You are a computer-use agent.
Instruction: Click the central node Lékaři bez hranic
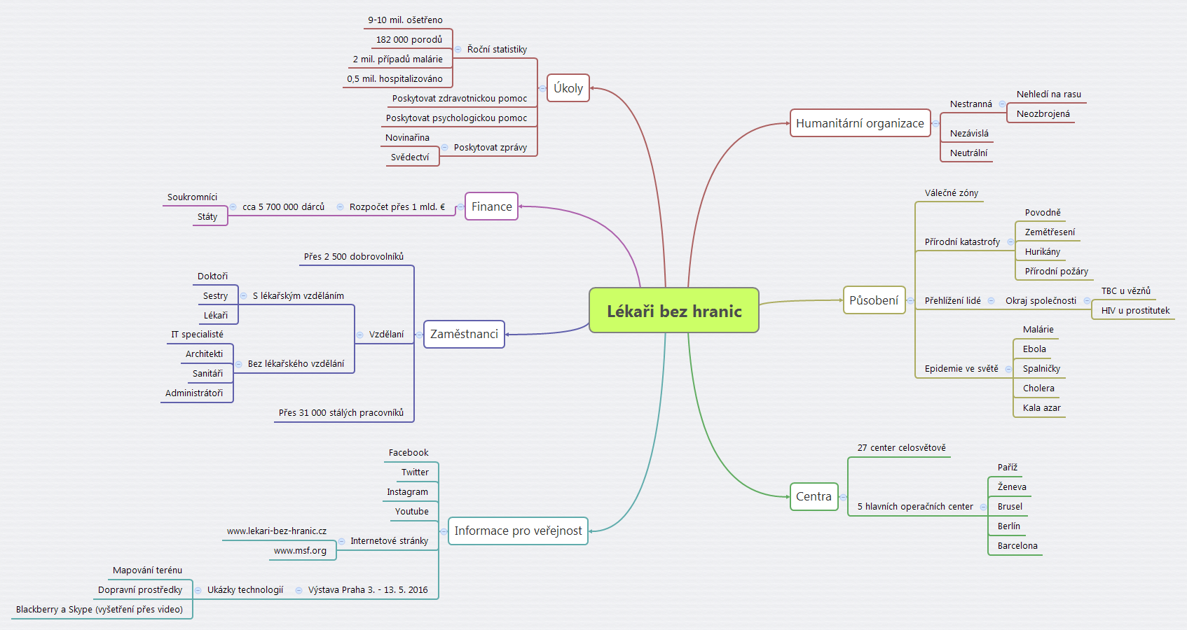coord(674,311)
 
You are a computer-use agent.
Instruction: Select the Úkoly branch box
coord(568,88)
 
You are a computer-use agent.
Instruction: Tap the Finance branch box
coord(491,206)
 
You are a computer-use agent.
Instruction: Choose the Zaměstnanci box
coord(464,334)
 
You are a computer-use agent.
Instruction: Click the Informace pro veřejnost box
coord(518,531)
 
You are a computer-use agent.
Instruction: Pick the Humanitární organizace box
coord(860,123)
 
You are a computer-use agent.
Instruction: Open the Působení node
coord(874,300)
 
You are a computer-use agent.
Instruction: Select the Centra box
coord(814,496)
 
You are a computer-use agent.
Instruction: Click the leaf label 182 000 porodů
coord(409,40)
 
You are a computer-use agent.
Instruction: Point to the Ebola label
coord(1034,349)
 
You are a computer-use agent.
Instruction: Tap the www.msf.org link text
coord(300,551)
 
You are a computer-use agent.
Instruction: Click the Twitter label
coord(415,472)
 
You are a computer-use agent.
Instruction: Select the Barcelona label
coord(1017,546)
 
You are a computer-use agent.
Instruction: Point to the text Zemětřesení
coord(1050,232)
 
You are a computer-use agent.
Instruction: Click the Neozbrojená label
coord(1043,114)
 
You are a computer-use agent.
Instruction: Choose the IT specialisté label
coord(197,335)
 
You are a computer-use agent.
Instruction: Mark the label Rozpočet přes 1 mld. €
coord(397,207)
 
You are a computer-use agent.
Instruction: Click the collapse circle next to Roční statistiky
coord(458,50)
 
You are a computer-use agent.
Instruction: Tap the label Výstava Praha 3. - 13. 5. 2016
coord(368,590)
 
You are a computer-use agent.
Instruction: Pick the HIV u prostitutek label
coord(1135,311)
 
